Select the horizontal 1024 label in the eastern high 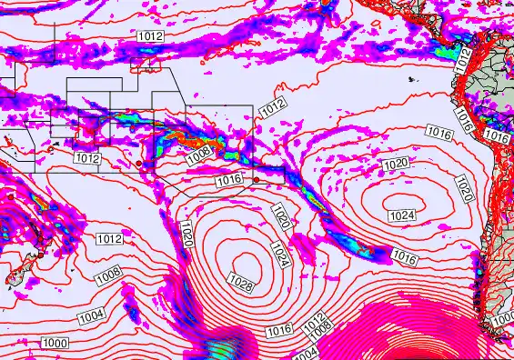[401, 215]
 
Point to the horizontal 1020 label [396, 164]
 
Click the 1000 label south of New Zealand [55, 343]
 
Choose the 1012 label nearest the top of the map [151, 35]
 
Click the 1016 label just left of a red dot [229, 181]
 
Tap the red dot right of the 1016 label [256, 179]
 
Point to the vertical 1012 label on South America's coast [465, 62]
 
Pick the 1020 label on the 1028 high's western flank [186, 234]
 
